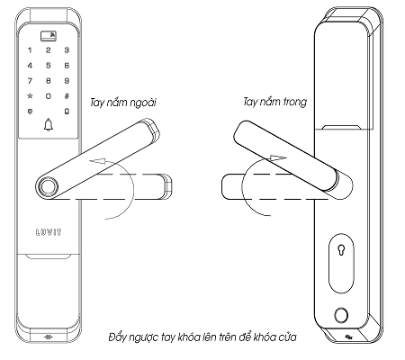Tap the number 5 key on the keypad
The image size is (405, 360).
pos(49,66)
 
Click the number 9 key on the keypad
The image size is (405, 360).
pos(67,81)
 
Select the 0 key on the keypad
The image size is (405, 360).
pos(49,96)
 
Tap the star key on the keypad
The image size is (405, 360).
pos(30,96)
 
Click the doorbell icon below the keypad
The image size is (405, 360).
pos(49,125)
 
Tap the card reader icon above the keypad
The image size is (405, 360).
pos(49,36)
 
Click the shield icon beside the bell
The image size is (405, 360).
pos(30,112)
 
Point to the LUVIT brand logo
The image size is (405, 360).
pos(49,232)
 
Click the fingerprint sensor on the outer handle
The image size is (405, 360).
pos(48,187)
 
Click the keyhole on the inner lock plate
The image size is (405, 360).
pos(341,250)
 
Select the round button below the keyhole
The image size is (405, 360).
pos(341,316)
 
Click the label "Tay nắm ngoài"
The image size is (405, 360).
pos(123,103)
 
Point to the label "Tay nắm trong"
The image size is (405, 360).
pos(274,102)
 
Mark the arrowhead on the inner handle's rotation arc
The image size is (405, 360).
pos(278,157)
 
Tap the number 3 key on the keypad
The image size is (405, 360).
pos(67,50)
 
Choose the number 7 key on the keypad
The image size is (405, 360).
pos(30,81)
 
